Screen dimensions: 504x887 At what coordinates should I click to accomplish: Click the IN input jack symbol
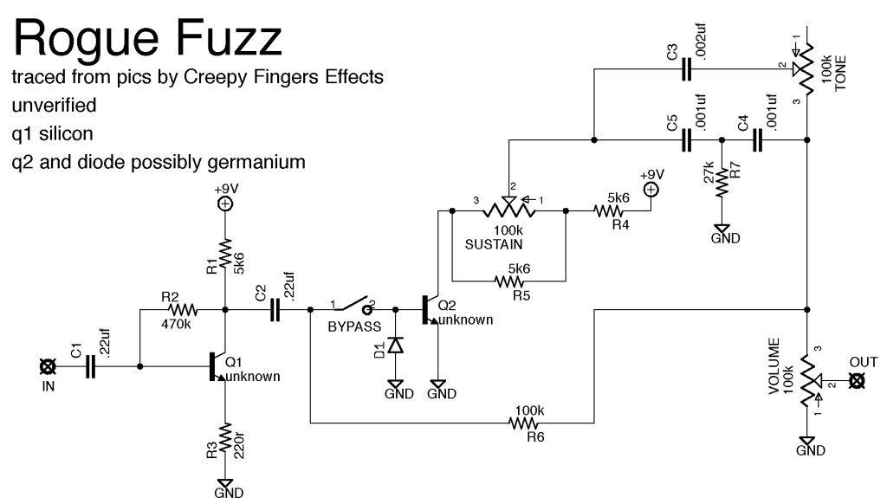[47, 367]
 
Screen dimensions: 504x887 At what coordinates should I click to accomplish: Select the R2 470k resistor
[183, 308]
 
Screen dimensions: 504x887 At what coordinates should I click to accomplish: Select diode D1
[396, 345]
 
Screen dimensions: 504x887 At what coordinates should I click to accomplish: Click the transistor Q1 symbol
[217, 367]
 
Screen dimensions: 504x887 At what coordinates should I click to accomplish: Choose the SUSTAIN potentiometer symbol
[508, 209]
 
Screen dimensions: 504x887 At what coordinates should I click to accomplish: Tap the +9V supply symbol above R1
[224, 204]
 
